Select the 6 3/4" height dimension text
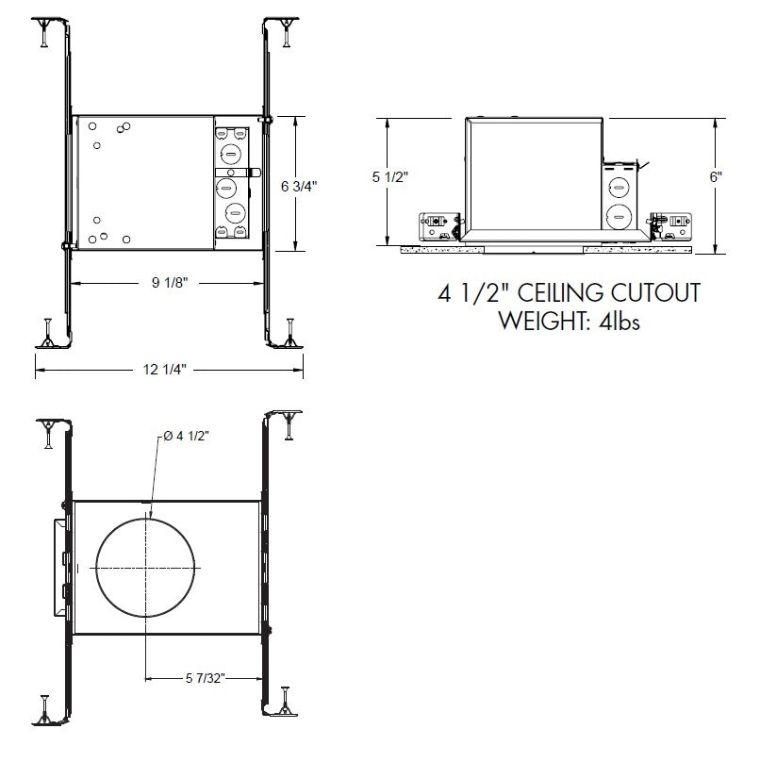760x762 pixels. pos(299,186)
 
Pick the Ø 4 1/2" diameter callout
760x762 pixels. pos(185,435)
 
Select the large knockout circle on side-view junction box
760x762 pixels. pos(618,213)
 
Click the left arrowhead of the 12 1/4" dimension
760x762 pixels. pos(39,371)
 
